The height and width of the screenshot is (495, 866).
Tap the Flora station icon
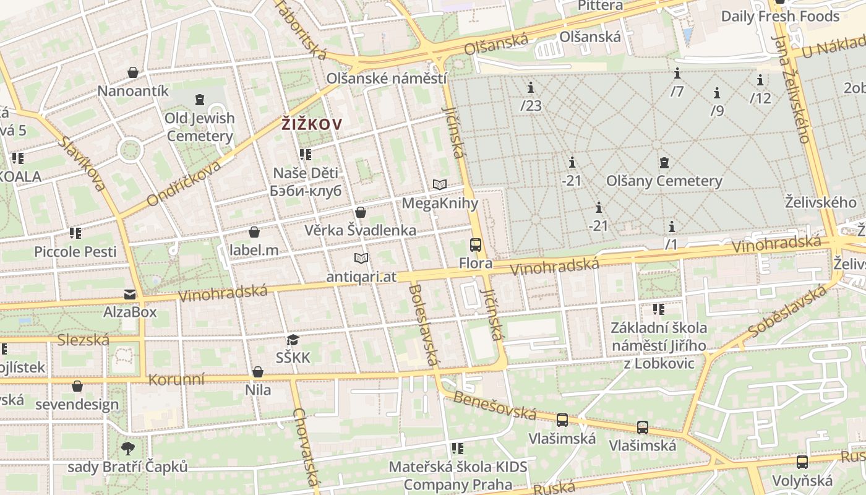[x=475, y=245]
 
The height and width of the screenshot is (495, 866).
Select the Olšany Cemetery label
[x=664, y=181]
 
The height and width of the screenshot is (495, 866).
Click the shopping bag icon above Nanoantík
[x=132, y=73]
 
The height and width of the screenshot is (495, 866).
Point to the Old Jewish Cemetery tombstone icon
[x=199, y=99]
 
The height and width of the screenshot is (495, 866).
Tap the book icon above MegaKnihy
[x=440, y=184]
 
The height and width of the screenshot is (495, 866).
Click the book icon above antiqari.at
[x=361, y=258]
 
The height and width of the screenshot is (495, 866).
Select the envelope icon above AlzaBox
[x=130, y=294]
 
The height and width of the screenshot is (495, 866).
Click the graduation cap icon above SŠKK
[x=293, y=340]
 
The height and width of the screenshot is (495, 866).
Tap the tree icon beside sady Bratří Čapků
[x=128, y=448]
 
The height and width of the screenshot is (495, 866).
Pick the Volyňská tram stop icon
[x=802, y=462]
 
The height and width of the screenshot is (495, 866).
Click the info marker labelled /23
[x=530, y=87]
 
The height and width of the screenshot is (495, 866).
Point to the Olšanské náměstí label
[x=386, y=79]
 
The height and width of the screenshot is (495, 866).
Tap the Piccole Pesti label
[x=75, y=252]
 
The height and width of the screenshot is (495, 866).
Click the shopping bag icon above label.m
[x=254, y=233]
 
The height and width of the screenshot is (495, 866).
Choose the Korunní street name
[x=176, y=379]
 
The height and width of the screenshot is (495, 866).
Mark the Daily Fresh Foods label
[x=780, y=16]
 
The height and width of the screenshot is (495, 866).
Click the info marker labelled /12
[x=760, y=80]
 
